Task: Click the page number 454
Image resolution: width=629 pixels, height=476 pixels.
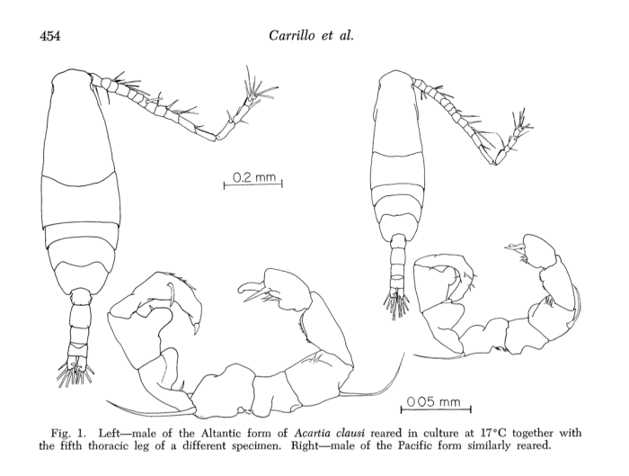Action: [x=50, y=36]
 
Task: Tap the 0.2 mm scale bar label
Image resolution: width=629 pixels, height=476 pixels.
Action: [x=254, y=176]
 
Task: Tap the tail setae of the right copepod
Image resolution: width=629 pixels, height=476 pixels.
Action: [x=396, y=300]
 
